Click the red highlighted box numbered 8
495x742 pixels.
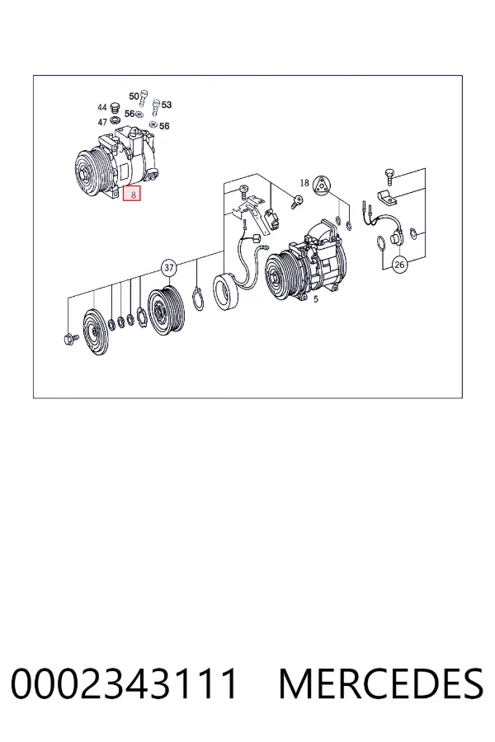(132, 194)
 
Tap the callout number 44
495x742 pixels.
(102, 107)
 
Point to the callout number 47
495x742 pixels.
(102, 122)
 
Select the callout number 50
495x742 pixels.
(134, 96)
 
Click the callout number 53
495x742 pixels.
(167, 105)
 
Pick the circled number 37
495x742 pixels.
(169, 268)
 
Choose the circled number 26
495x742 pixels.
(399, 264)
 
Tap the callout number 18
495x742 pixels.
(304, 183)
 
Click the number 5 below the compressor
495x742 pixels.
(316, 299)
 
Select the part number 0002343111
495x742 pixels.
(124, 683)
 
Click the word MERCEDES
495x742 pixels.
(381, 683)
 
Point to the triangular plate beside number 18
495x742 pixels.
(322, 184)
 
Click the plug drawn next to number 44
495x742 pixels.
(114, 108)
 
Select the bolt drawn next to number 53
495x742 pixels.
(155, 107)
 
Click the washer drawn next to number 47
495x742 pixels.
(114, 120)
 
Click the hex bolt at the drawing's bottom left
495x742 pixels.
(70, 338)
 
